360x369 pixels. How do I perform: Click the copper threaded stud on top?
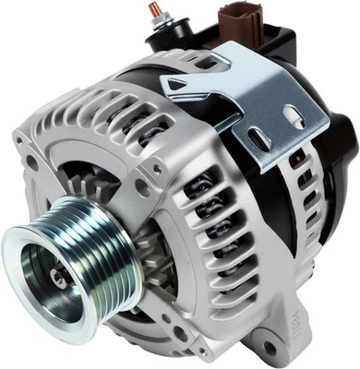[154, 11]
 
